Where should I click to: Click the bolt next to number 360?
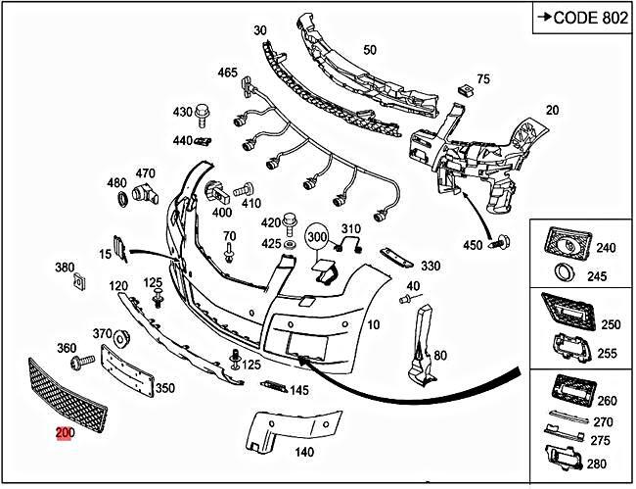(80, 364)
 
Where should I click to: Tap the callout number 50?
(369, 50)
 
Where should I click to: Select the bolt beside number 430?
(204, 113)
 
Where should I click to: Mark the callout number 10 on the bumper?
(373, 323)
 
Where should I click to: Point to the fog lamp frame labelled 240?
(567, 240)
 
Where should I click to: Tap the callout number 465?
(227, 73)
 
